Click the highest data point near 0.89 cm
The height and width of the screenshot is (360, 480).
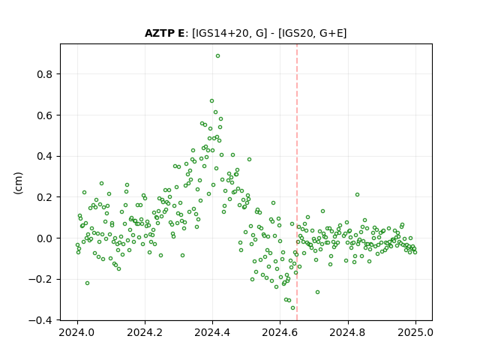tap(217, 56)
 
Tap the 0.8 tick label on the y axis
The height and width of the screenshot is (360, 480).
tap(44, 74)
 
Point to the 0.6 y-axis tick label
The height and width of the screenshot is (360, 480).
tap(44, 115)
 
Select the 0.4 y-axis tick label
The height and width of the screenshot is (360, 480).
tap(44, 157)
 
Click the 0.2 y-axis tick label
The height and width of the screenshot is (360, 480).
tap(44, 197)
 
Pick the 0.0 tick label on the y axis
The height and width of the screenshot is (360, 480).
tap(44, 238)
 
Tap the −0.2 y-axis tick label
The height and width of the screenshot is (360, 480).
tap(40, 280)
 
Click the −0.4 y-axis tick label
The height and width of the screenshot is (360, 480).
tap(40, 320)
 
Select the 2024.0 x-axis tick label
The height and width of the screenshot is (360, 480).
tap(76, 332)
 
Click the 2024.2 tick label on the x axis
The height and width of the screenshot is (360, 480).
tap(145, 332)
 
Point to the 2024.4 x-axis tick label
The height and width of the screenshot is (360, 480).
tap(212, 332)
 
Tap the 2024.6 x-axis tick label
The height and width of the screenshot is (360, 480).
tap(280, 332)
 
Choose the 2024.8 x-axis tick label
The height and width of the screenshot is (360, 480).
tap(347, 332)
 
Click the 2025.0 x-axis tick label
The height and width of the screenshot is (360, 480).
tap(415, 332)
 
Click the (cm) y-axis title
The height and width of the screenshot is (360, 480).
tap(18, 183)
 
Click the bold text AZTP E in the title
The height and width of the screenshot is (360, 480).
tap(165, 33)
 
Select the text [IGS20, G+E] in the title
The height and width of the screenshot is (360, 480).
tap(312, 33)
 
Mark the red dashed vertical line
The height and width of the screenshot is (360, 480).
tap(297, 182)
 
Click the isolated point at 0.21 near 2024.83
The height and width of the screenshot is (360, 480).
tap(357, 195)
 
